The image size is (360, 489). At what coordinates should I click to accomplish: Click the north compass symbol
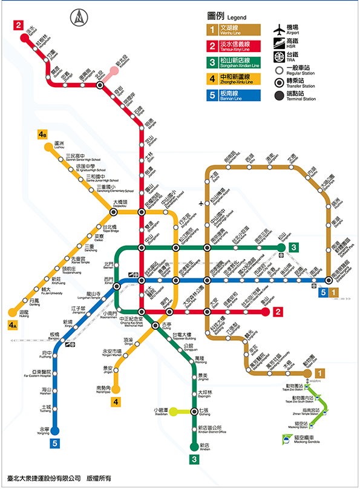79,19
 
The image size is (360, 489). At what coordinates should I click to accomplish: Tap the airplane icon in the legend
279,29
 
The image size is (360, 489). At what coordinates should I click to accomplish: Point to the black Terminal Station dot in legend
279,95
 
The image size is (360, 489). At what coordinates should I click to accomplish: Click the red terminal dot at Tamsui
25,38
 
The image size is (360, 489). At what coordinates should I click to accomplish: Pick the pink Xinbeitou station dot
114,71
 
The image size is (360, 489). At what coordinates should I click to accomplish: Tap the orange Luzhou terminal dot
47,146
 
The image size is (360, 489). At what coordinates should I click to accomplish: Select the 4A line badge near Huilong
13,326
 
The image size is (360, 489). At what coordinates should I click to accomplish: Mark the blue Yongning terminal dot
54,431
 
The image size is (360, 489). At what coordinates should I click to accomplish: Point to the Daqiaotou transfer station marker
114,212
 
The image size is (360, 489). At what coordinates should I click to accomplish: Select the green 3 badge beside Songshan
293,247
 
